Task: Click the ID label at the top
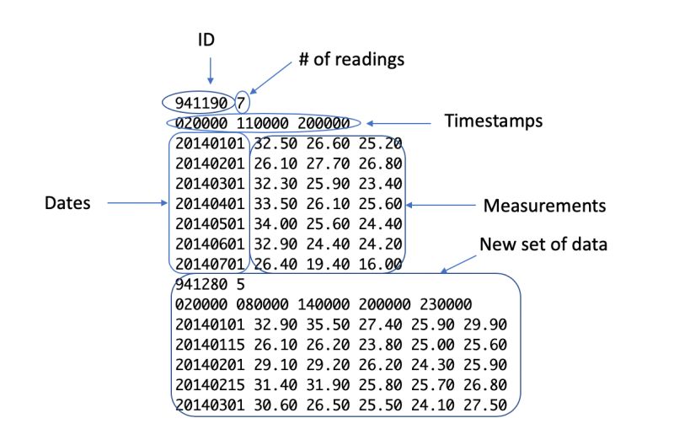[x=207, y=40]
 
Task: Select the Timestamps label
[x=493, y=121]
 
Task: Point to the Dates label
[x=69, y=203]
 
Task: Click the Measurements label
[x=544, y=205]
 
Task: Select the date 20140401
[x=209, y=204]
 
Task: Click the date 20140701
[x=209, y=265]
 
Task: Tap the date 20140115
[x=209, y=344]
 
